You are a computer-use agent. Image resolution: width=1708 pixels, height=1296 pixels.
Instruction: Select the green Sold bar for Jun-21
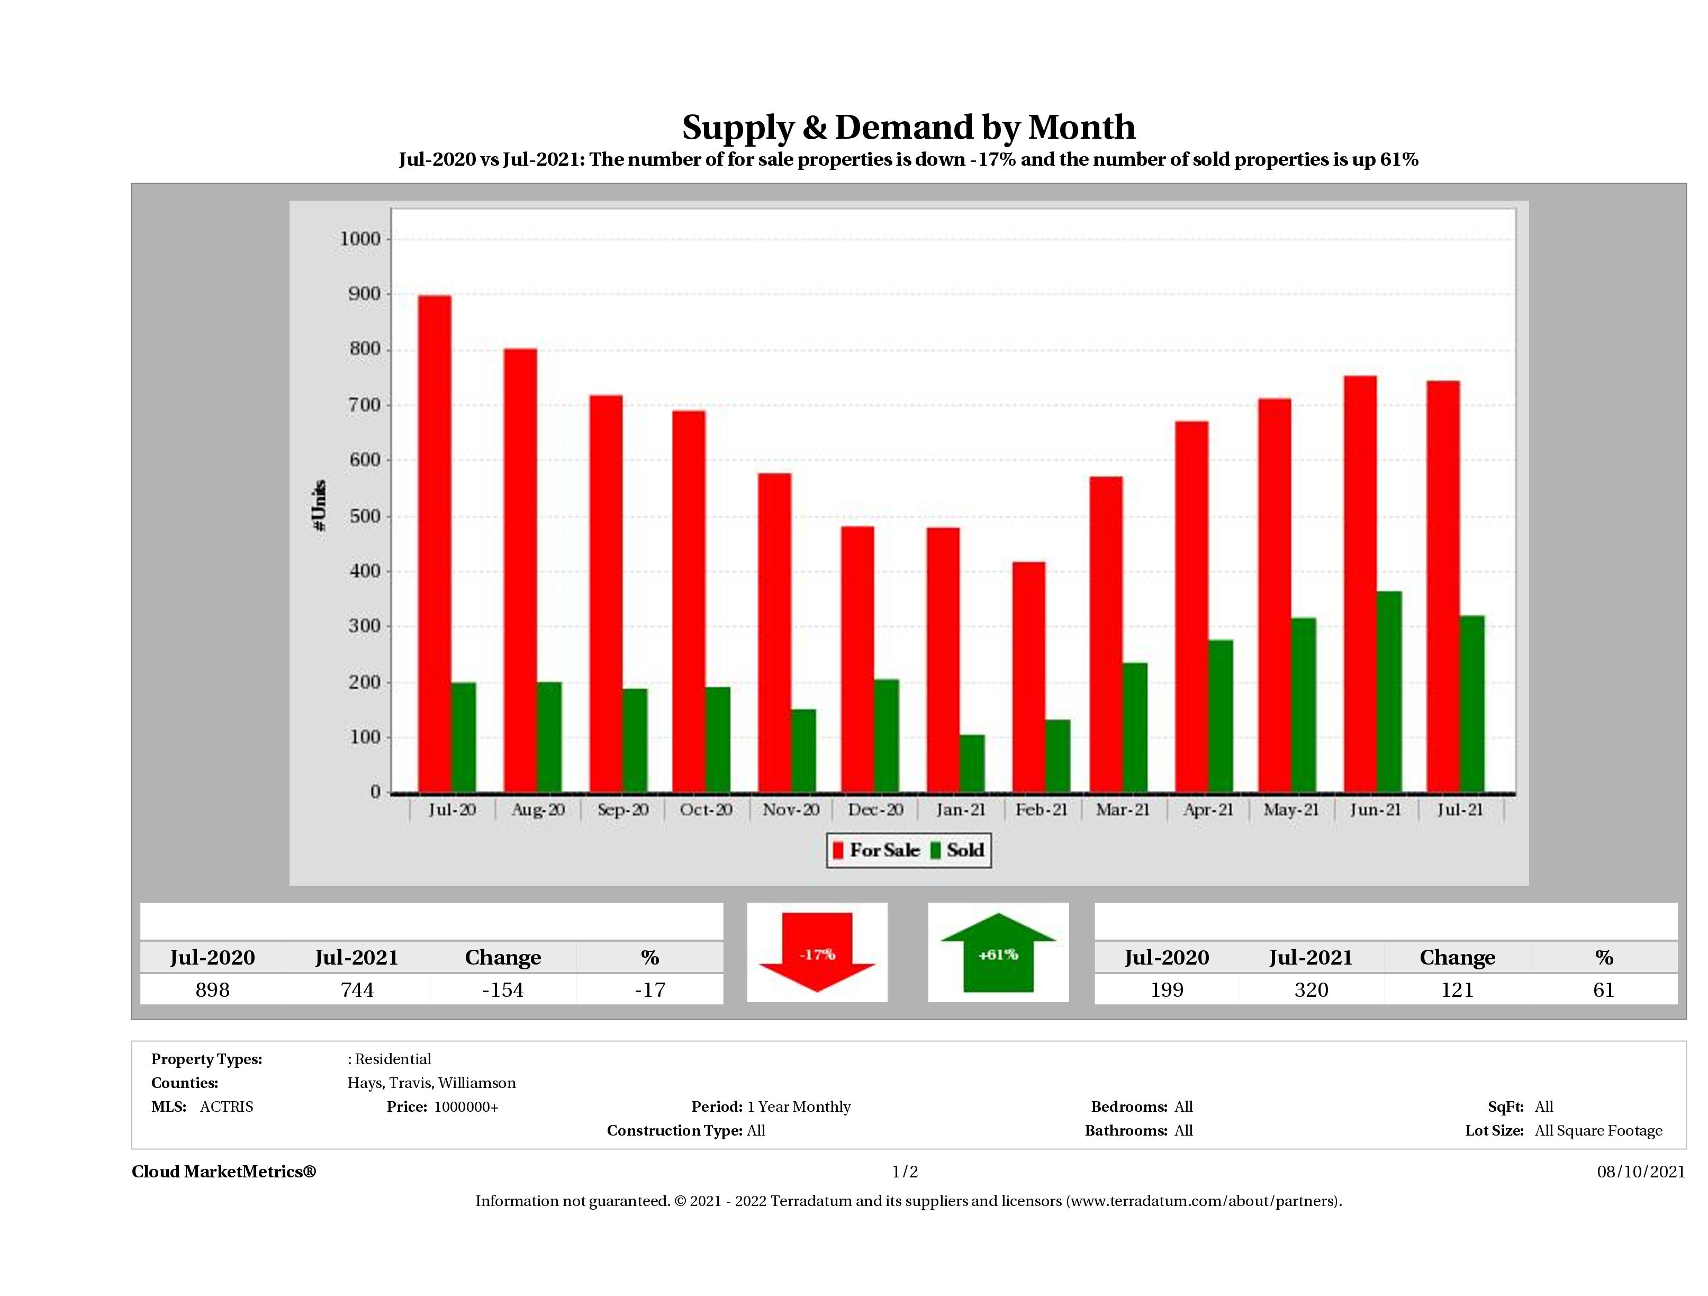[1388, 692]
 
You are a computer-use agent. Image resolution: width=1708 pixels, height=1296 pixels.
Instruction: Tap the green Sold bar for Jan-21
[972, 763]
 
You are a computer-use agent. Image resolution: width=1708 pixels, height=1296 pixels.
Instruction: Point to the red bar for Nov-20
[774, 633]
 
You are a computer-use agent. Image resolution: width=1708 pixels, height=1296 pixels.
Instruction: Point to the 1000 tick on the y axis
[360, 239]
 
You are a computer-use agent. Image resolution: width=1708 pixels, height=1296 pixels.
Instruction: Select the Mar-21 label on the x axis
[1123, 809]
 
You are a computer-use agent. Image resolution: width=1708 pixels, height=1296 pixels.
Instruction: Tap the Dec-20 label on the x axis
[875, 809]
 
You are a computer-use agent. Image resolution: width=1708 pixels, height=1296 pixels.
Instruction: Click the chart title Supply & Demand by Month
[908, 127]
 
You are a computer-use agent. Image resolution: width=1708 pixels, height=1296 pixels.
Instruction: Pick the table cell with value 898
[212, 989]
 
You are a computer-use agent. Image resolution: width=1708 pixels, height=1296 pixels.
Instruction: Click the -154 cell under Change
[503, 989]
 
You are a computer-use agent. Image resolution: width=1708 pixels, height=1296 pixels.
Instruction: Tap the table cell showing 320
[1311, 989]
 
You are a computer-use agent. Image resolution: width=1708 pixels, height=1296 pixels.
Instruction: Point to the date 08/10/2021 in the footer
[1641, 1172]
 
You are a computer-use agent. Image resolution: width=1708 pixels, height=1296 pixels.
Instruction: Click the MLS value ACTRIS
[226, 1106]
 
